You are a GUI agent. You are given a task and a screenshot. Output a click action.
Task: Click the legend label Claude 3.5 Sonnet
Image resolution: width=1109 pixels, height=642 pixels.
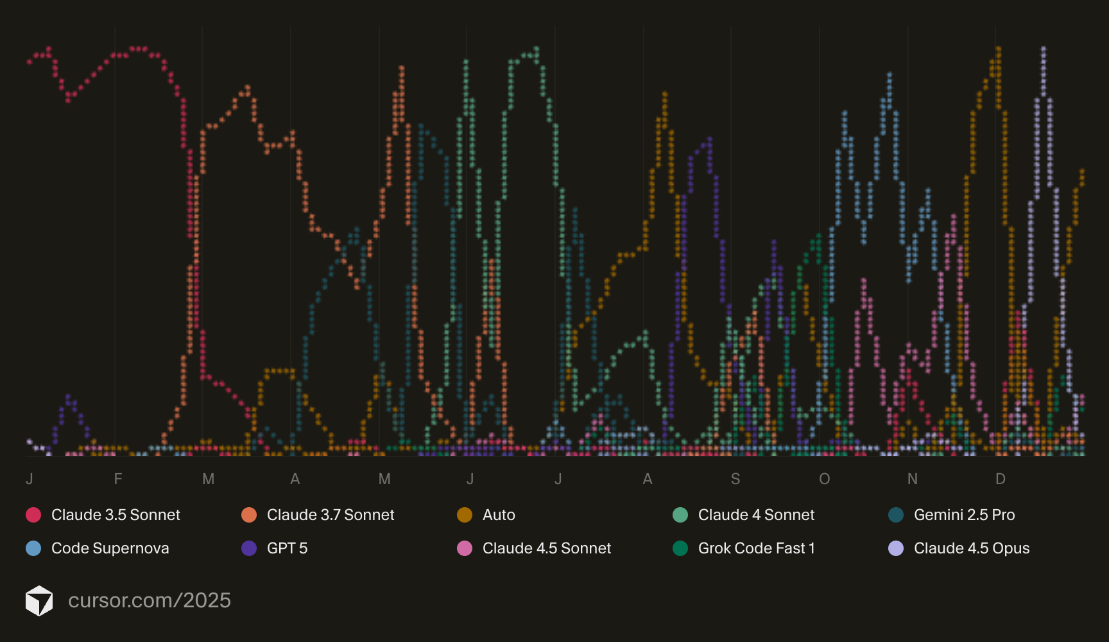tap(116, 515)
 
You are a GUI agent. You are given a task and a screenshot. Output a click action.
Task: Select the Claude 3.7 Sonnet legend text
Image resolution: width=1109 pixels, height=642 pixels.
tap(331, 515)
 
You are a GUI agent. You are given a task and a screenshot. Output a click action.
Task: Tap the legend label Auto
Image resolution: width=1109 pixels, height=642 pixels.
tap(499, 515)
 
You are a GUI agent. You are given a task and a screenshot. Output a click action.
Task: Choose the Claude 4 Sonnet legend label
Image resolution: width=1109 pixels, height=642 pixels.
tap(756, 515)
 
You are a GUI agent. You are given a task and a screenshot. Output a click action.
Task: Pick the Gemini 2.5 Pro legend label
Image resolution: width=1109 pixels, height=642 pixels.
tap(964, 515)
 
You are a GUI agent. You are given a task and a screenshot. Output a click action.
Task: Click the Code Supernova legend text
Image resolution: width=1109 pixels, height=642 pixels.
tap(110, 548)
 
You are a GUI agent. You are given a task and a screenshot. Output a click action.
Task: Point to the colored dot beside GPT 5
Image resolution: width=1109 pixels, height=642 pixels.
tap(249, 548)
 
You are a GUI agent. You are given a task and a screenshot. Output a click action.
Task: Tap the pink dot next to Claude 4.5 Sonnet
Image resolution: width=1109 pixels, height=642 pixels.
tap(465, 548)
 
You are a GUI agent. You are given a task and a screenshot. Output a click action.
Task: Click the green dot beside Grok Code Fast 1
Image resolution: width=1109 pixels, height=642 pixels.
tap(680, 548)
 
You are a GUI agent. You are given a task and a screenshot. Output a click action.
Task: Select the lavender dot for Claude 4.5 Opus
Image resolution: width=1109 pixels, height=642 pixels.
tap(896, 548)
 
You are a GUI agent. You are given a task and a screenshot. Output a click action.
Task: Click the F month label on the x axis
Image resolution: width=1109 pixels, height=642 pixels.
tap(118, 479)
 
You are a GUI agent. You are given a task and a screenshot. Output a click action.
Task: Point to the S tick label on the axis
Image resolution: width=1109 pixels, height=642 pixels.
tap(735, 479)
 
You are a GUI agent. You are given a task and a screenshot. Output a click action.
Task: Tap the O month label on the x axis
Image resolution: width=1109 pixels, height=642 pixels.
tap(825, 479)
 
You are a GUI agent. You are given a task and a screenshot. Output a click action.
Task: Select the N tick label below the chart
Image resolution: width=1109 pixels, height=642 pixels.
tap(913, 479)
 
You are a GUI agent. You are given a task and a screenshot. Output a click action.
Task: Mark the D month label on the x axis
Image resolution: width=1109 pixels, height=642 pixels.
tap(1000, 479)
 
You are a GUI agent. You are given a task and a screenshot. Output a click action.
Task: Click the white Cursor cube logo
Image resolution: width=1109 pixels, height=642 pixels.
tap(39, 600)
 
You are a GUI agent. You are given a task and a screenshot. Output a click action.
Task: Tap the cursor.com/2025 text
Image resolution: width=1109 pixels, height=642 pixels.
tap(150, 600)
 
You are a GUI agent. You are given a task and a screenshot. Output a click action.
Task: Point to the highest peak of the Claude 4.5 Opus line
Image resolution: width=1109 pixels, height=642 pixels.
tap(1044, 48)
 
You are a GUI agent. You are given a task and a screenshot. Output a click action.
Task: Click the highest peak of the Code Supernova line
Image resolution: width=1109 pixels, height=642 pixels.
tap(890, 74)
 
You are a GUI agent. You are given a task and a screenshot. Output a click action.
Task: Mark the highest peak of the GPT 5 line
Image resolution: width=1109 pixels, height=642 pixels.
tap(710, 138)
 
